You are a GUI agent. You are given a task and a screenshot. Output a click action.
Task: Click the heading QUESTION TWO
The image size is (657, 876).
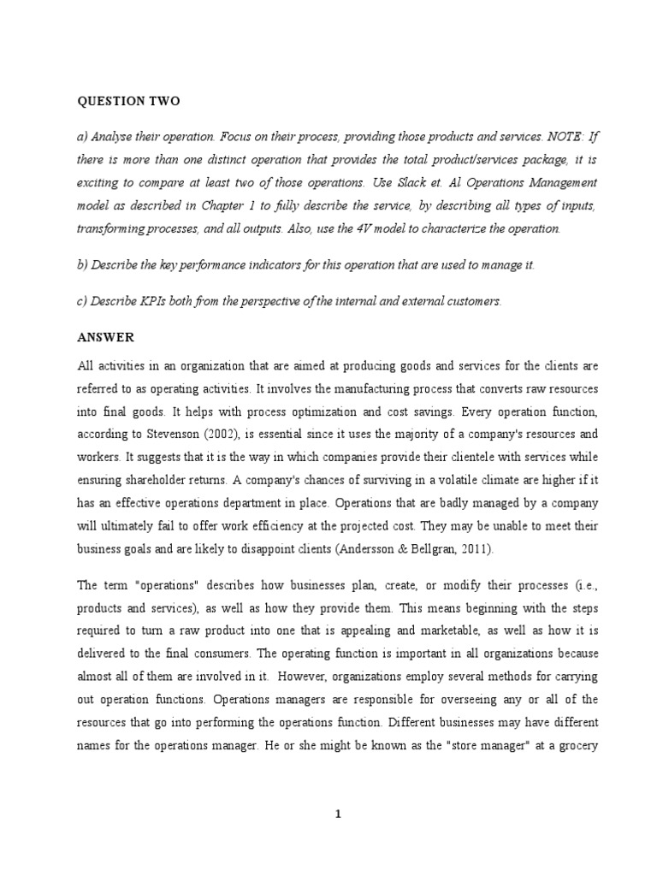point(128,101)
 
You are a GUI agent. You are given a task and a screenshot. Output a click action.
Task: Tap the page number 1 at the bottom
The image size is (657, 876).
point(338,814)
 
